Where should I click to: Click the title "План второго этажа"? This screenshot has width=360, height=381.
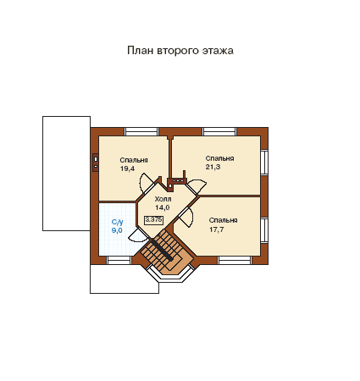180,51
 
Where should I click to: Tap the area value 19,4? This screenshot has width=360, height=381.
127,168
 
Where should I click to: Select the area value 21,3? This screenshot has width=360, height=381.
213,167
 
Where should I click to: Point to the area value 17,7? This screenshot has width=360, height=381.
217,229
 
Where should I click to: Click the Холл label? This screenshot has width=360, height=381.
163,199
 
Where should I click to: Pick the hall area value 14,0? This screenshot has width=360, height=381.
163,207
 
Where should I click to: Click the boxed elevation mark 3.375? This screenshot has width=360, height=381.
153,220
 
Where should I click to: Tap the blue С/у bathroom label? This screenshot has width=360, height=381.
117,222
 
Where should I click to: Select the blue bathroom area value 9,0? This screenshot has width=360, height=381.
117,230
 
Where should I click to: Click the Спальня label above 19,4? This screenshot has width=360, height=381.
134,160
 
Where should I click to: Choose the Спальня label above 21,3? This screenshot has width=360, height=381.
219,158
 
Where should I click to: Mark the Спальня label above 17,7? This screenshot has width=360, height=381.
223,220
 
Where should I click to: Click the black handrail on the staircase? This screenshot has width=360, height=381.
162,250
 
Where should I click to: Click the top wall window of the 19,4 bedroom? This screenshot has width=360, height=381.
141,131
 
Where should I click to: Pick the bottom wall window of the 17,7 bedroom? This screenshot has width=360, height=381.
235,260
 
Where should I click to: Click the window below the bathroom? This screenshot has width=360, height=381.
119,260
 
